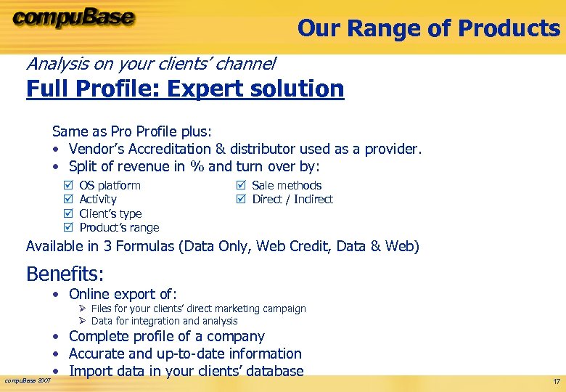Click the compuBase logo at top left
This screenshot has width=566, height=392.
tap(73, 17)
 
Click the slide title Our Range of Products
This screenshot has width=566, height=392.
tap(428, 28)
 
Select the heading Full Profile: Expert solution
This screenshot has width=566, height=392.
tap(185, 89)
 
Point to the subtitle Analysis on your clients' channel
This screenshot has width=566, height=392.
tap(151, 64)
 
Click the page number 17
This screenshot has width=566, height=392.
tap(555, 381)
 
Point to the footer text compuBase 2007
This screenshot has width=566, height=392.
tap(28, 380)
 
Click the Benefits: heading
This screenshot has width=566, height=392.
tap(65, 274)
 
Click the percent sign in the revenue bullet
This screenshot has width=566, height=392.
tap(197, 167)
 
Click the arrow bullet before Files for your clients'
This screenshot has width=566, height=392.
tap(83, 309)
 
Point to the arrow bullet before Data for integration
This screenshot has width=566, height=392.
tap(83, 321)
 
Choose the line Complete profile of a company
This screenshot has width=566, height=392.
tap(166, 337)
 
